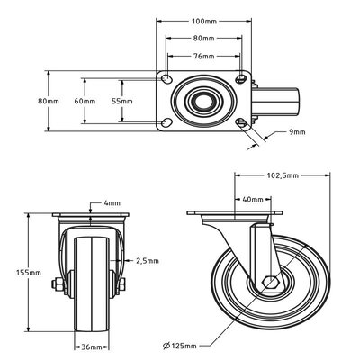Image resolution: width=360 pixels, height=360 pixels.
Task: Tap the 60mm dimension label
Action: (x=85, y=101)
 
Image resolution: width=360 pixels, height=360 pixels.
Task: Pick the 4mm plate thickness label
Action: (x=112, y=202)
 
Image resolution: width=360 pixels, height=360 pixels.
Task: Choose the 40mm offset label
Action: (x=253, y=200)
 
